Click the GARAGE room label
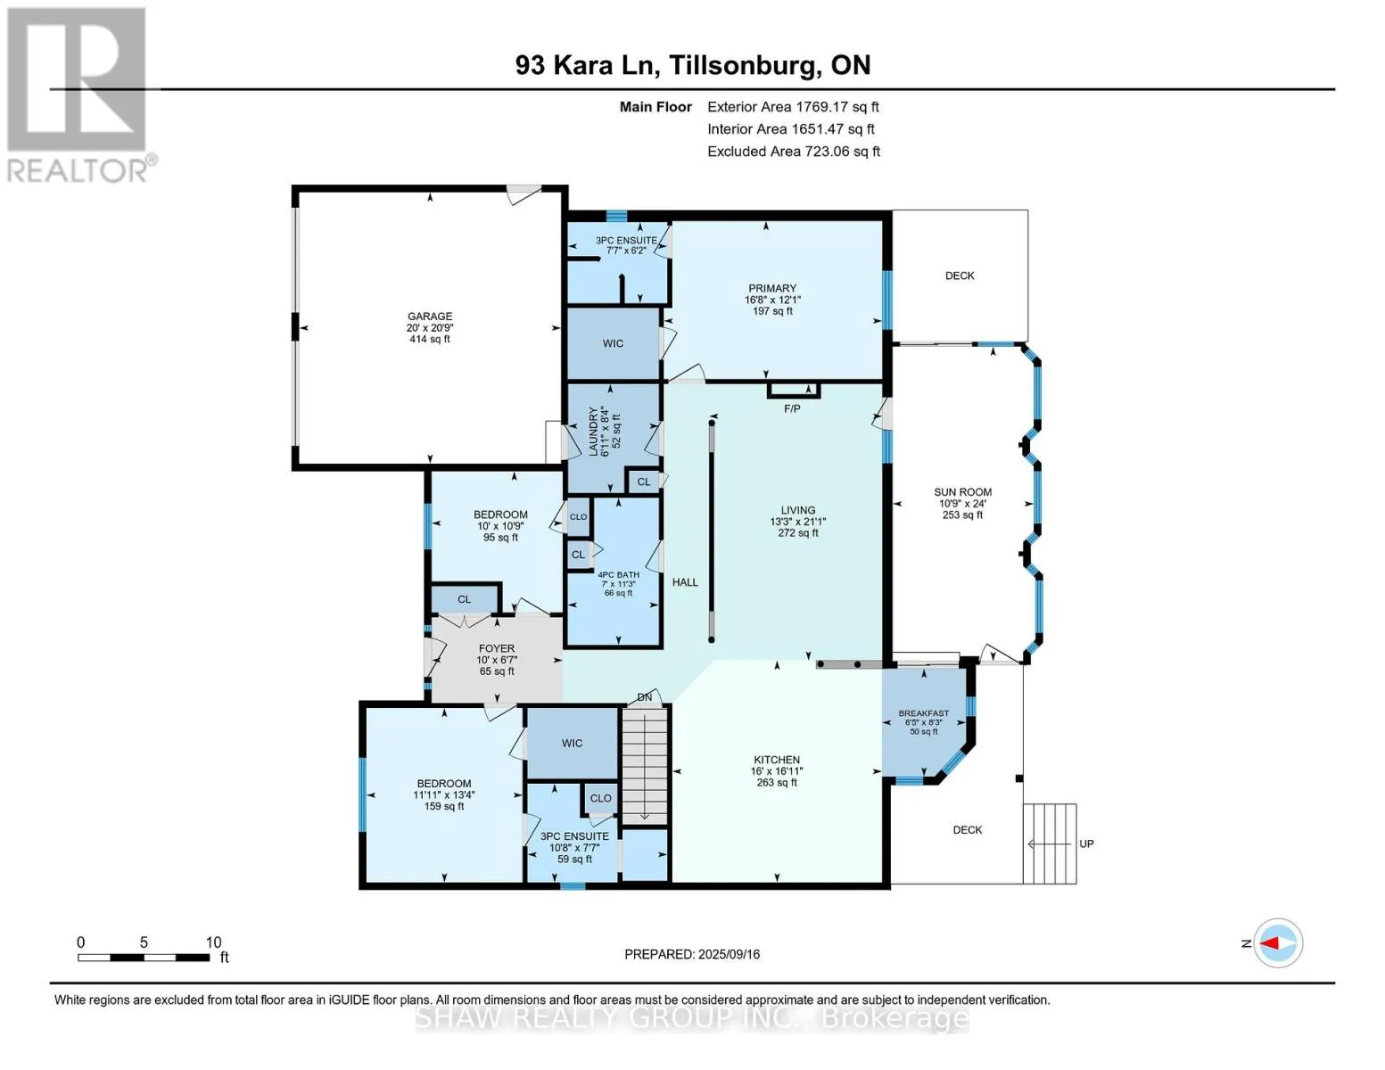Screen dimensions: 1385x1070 (430, 316)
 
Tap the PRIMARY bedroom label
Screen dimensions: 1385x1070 (771, 288)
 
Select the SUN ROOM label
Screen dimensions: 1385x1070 (962, 492)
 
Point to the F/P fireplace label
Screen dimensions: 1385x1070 (792, 408)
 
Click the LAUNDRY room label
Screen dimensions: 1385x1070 (593, 432)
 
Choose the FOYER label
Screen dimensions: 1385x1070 (497, 648)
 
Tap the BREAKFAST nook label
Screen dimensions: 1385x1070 (924, 713)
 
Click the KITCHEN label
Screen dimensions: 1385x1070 (776, 760)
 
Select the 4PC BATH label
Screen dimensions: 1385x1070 (618, 575)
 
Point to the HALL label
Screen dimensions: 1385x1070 (685, 582)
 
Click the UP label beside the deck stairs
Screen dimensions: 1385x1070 (1087, 844)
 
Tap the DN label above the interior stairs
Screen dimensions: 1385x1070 (645, 698)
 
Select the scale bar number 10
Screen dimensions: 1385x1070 (213, 942)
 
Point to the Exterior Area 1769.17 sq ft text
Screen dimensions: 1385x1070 (793, 107)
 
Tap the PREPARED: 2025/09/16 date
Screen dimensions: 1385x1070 (692, 954)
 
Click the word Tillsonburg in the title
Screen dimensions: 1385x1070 (745, 66)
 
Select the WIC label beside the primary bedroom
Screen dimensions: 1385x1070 (614, 343)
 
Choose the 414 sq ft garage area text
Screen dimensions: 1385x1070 (430, 339)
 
